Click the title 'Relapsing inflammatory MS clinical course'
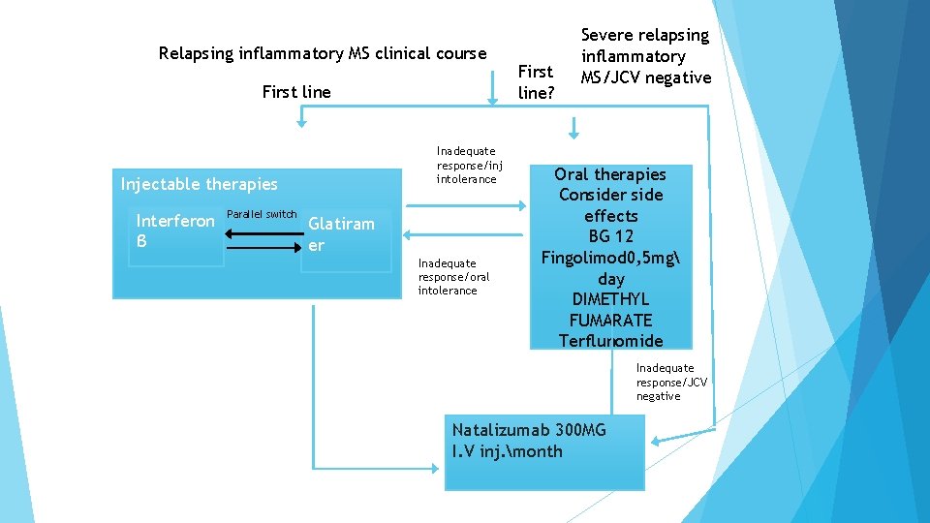[322, 53]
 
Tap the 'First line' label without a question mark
[296, 92]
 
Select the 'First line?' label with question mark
[535, 81]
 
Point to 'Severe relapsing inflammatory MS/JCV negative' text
[645, 56]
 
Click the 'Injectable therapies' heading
[199, 184]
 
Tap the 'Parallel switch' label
[261, 214]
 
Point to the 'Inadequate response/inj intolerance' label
[466, 165]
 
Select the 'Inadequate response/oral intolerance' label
[454, 276]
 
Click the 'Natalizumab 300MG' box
[543, 451]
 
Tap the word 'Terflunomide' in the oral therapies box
[611, 341]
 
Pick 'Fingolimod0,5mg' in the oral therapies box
[611, 258]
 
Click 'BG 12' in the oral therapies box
[611, 236]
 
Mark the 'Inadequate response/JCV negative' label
[671, 382]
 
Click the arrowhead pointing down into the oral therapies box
[573, 134]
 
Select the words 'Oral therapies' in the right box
[610, 174]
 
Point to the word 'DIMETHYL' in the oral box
[611, 299]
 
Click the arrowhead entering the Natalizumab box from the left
[438, 460]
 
